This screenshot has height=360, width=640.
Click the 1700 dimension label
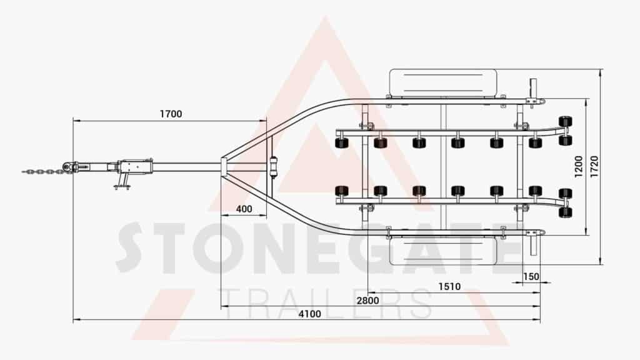(171, 114)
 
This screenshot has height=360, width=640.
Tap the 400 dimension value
(244, 209)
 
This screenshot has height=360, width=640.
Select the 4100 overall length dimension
(309, 314)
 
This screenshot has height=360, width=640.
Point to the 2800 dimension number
(367, 301)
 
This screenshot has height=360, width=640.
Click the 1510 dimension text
(449, 287)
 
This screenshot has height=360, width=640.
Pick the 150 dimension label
(531, 277)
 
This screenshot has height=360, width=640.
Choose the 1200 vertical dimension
(578, 166)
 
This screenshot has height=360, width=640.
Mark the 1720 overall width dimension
(594, 166)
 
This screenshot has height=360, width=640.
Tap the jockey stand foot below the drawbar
(122, 187)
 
